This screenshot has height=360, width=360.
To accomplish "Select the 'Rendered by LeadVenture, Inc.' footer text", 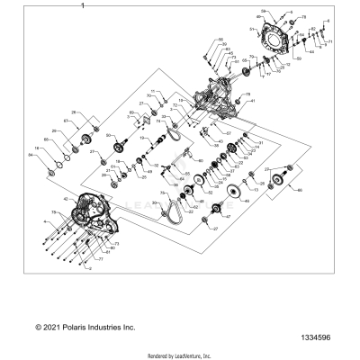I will click(x=179, y=355).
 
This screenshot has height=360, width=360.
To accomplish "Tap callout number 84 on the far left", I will click(x=31, y=155).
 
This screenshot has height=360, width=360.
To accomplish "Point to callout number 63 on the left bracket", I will click(x=66, y=120).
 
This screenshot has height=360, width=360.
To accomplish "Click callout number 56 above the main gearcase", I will click(x=219, y=40).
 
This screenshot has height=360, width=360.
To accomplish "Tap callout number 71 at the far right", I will click(x=329, y=42).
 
